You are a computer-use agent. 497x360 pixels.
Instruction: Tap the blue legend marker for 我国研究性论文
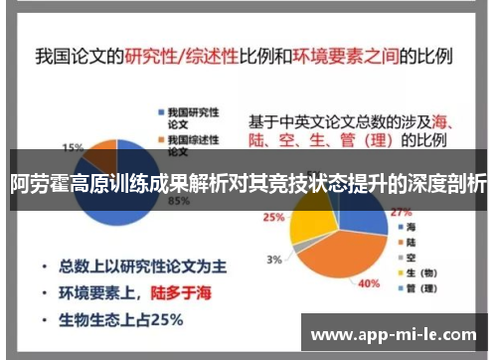tap(158, 110)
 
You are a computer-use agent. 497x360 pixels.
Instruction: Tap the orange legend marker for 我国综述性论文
tap(158, 138)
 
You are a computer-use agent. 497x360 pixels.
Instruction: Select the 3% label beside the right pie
tap(272, 259)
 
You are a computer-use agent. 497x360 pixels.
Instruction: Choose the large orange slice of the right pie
tap(343, 254)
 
